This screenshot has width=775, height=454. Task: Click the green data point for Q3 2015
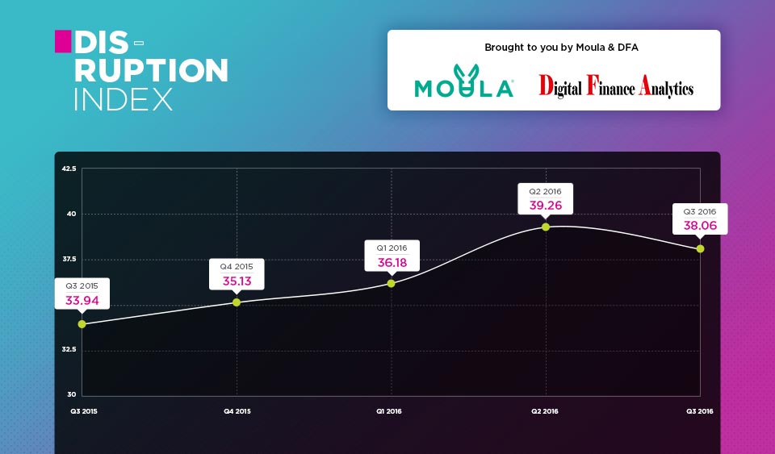coord(82,324)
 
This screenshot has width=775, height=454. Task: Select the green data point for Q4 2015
coord(237,302)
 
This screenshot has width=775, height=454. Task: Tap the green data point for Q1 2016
coord(391,284)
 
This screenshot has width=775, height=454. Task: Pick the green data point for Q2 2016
coord(546,227)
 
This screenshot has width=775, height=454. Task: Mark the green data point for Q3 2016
coord(701,249)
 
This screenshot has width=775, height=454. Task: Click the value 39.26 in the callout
coord(546,206)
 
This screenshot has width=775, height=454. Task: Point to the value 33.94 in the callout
coord(82,301)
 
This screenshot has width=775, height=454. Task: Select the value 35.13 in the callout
coord(237,281)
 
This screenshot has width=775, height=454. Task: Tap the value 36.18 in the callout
coord(392,263)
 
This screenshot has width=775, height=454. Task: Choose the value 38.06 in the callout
coord(700,226)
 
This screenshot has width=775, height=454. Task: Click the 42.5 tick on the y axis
coord(69,169)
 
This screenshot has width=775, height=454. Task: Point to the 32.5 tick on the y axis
coord(69,349)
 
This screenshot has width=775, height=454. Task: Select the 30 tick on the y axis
coord(72,394)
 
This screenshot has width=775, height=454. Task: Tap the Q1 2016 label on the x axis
coord(389,411)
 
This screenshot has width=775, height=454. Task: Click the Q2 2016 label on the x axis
coord(545,411)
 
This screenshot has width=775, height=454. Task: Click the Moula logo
coord(464,81)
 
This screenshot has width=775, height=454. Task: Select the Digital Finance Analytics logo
coord(616,85)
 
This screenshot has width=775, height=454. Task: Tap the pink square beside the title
coord(63,41)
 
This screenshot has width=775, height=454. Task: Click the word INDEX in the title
coord(123,100)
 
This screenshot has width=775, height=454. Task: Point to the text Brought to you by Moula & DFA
coord(562,48)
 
